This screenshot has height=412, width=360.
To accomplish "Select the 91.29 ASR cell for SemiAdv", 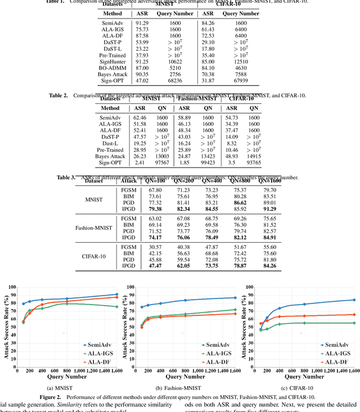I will [x=142, y=24].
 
